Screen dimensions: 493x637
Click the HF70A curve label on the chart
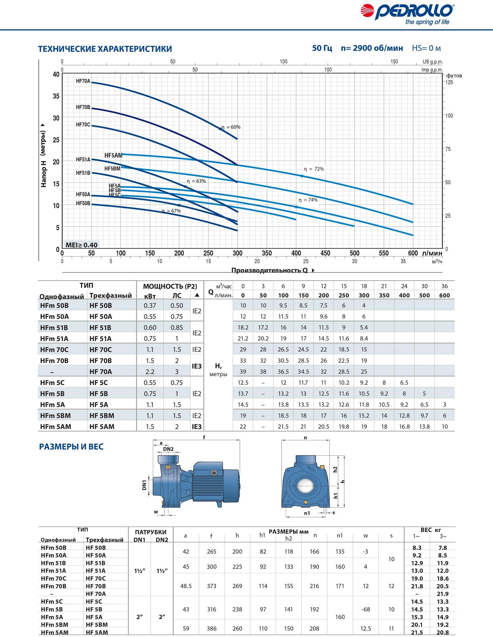(x=83, y=81)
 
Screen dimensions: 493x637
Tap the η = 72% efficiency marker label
(x=314, y=169)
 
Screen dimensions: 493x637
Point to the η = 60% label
(x=231, y=127)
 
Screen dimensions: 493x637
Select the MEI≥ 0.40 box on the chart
(x=81, y=245)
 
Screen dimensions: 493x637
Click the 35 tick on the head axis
(x=56, y=96)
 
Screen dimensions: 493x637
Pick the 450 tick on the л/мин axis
(x=325, y=253)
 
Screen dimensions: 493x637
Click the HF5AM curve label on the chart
(x=113, y=155)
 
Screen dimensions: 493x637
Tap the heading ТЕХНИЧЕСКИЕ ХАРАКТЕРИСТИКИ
(x=105, y=49)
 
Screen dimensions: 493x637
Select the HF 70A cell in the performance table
(x=101, y=372)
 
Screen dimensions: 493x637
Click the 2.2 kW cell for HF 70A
(x=150, y=372)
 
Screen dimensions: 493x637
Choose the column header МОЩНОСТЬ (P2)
(x=170, y=286)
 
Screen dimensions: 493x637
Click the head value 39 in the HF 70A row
(x=243, y=372)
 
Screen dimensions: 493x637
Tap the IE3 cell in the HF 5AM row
(x=197, y=427)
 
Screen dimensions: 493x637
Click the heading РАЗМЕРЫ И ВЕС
(x=71, y=447)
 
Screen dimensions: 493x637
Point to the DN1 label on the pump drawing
(x=144, y=485)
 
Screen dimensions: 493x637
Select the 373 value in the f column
(x=212, y=586)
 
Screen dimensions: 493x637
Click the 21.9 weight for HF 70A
(x=443, y=594)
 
